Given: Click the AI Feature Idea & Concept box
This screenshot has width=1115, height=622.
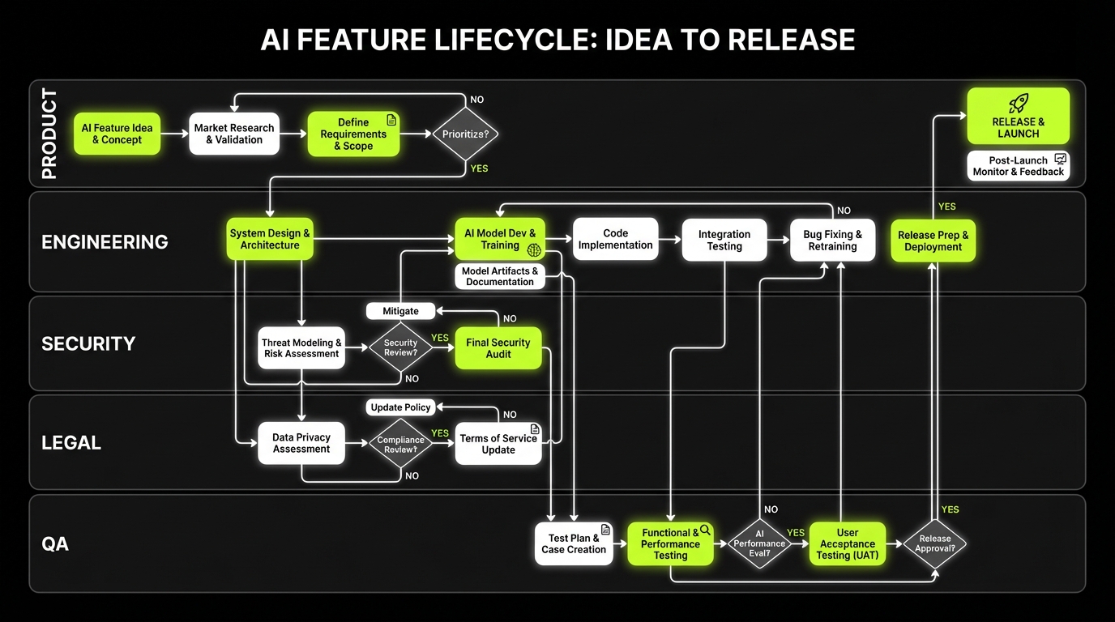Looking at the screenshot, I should click(x=117, y=134).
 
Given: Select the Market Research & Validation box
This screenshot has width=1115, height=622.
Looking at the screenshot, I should click(x=234, y=134).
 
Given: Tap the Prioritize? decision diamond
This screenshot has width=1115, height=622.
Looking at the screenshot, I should click(x=466, y=134).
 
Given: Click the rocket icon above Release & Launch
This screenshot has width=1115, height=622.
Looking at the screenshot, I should click(x=1019, y=104).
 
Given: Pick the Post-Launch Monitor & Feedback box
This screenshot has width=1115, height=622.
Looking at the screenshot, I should click(x=1019, y=166).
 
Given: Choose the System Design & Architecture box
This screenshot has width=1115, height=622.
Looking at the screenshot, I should click(x=270, y=239).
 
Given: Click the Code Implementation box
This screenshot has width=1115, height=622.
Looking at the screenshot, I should click(x=616, y=239).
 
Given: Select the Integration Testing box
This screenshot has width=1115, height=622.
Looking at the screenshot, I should click(x=724, y=240).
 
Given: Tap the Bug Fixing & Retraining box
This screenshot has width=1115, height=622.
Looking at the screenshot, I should click(x=833, y=240).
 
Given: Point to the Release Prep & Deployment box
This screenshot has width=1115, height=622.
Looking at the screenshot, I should click(x=933, y=241).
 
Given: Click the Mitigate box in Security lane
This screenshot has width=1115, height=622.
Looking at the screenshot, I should click(x=400, y=311).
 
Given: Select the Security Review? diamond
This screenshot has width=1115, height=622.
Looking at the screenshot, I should click(x=400, y=347).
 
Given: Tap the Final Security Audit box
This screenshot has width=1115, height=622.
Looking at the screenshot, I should click(x=498, y=347).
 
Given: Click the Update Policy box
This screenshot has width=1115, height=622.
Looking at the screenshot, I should click(x=400, y=407).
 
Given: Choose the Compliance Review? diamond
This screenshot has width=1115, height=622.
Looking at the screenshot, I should click(x=400, y=444).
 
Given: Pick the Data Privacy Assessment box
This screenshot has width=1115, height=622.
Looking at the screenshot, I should click(x=301, y=443).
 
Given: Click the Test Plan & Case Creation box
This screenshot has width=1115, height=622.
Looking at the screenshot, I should click(x=574, y=543).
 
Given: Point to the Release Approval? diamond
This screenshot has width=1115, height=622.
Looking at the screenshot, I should click(x=935, y=543).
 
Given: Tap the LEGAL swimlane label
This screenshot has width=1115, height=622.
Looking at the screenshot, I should click(x=71, y=443).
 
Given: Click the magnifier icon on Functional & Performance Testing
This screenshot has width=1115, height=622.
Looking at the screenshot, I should click(x=705, y=530).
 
